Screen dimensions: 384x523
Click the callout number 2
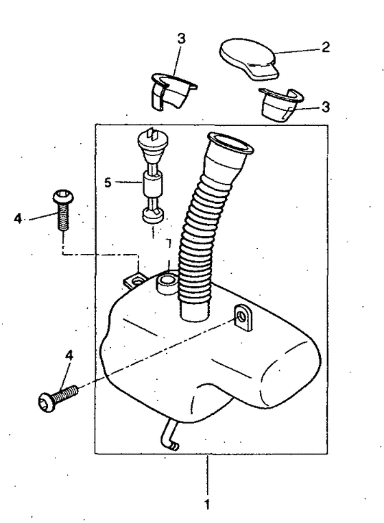[325, 47]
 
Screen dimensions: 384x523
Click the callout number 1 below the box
[207, 504]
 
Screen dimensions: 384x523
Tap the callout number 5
[107, 183]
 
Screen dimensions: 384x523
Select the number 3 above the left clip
[181, 39]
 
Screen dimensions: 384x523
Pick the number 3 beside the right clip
[325, 107]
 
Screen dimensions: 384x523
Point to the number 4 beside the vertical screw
[18, 219]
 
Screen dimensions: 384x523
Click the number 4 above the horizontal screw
[69, 355]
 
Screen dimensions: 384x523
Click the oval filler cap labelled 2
[249, 60]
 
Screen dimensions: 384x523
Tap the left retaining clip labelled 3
[173, 90]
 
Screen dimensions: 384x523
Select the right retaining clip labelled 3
[280, 104]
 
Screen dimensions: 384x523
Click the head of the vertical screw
[62, 196]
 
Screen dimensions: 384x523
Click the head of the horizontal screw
[47, 401]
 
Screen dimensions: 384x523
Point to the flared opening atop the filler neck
[230, 144]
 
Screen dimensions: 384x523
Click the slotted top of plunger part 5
[153, 138]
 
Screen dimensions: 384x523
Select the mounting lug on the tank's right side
[243, 317]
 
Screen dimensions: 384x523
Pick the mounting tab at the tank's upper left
[135, 281]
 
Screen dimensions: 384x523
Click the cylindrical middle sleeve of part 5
[152, 183]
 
